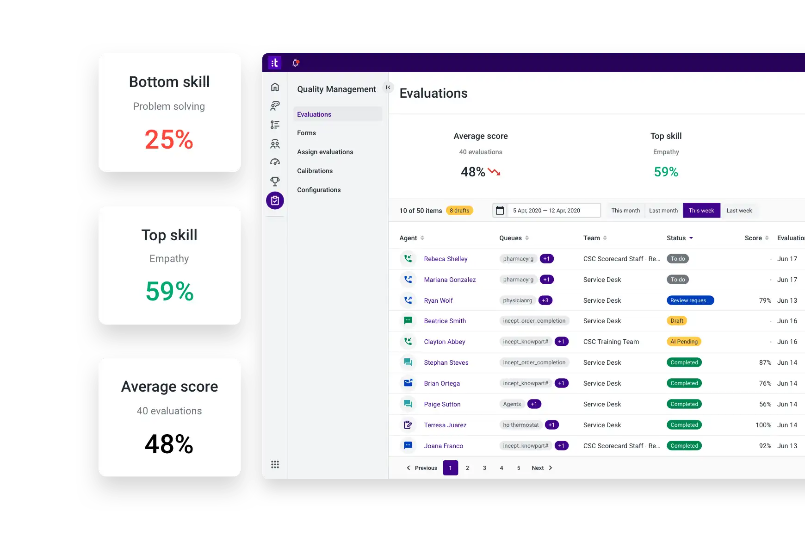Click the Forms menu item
point(306,133)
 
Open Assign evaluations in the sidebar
point(325,152)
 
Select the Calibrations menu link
point(315,171)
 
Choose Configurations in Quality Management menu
point(319,190)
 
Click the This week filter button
point(701,211)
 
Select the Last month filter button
point(663,211)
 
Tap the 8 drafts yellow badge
point(459,211)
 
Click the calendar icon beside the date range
point(500,211)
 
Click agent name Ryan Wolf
point(438,300)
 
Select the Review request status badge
point(690,300)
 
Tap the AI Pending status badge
point(684,342)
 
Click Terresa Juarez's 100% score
point(763,425)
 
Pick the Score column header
point(753,238)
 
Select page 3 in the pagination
point(484,468)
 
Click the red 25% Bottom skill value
point(169,139)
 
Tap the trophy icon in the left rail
point(275,181)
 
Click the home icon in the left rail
point(275,87)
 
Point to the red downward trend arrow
point(494,172)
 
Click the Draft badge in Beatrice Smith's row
point(676,321)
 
